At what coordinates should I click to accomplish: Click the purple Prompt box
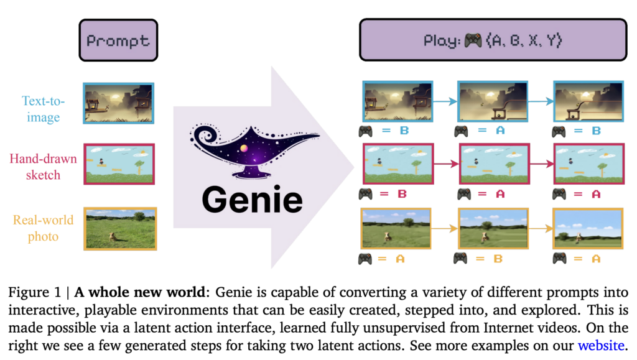[118, 41]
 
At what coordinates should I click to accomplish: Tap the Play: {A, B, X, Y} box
[493, 40]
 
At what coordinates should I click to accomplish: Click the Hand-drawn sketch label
[43, 167]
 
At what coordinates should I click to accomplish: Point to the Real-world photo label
[43, 228]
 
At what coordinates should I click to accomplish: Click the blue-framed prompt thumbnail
[118, 103]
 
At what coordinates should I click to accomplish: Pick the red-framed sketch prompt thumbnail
[119, 164]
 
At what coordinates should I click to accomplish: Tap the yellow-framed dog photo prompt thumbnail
[119, 228]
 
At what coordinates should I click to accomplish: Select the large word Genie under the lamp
[253, 200]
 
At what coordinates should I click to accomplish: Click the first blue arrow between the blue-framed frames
[445, 101]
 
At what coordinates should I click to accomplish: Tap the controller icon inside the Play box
[473, 40]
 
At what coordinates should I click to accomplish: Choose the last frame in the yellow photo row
[587, 228]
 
